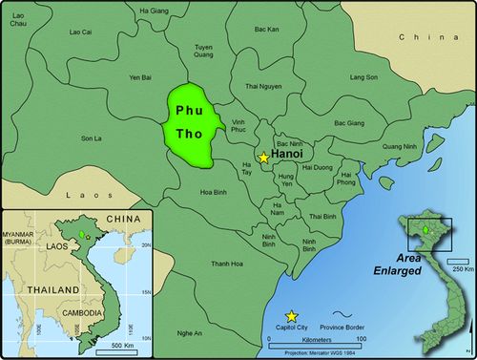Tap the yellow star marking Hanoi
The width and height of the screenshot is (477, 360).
tap(264, 158)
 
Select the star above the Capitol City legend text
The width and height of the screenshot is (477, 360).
tap(291, 316)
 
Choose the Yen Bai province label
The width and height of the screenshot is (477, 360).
tap(141, 77)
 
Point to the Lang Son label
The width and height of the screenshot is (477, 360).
tap(363, 76)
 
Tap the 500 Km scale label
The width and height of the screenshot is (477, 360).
tap(120, 344)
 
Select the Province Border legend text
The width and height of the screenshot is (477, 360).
tap(358, 327)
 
